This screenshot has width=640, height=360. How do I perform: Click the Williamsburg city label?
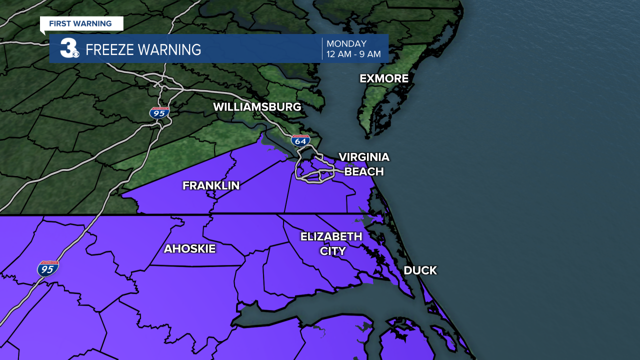(257, 107)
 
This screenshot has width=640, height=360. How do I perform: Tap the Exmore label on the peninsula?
(384, 78)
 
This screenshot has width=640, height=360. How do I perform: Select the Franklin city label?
(211, 185)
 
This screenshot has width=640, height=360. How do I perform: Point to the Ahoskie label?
(189, 248)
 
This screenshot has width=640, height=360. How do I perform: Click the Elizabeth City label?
(331, 243)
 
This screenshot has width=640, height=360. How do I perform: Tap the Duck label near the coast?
(420, 270)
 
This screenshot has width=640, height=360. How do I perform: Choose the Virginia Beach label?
(363, 164)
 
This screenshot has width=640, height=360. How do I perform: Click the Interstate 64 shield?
(300, 140)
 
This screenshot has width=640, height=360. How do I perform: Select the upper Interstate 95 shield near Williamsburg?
(159, 112)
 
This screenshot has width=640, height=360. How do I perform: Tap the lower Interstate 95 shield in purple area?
(48, 268)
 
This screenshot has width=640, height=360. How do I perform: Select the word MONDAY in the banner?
(346, 43)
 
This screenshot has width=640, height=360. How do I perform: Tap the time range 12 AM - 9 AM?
(353, 54)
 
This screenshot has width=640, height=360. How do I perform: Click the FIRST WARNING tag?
(80, 23)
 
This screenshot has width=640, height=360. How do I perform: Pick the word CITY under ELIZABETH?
(332, 251)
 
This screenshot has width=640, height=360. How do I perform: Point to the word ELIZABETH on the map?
(331, 236)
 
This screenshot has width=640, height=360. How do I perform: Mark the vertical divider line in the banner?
(322, 48)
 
